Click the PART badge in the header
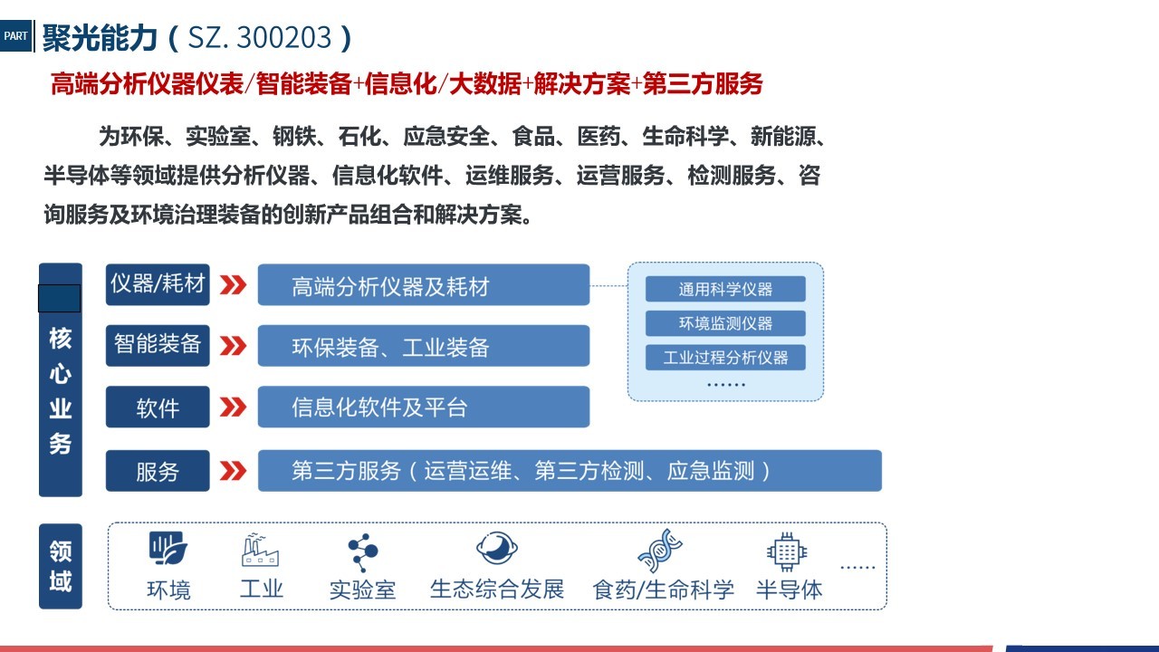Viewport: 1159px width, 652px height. coord(16,35)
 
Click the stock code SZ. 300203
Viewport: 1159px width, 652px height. coord(259,37)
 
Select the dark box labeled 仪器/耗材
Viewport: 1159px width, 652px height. coord(158,284)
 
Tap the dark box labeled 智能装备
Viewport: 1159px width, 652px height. coord(158,345)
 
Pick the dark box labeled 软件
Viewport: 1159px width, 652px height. coord(158,407)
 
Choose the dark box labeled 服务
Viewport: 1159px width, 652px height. coord(158,471)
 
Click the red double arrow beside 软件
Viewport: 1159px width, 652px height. coord(233,407)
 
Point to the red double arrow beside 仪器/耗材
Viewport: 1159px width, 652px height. coord(233,284)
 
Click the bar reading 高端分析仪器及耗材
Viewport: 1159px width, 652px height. coord(424,284)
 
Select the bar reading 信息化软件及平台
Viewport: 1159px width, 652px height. coord(424,407)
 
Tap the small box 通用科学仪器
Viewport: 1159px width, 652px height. coord(725,289)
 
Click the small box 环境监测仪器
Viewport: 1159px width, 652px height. coord(725,323)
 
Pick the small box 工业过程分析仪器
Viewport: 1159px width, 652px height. coord(725,357)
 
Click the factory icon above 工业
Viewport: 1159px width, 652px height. coord(260,550)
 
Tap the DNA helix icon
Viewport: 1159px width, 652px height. coord(660,551)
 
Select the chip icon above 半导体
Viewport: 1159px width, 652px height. coord(787,551)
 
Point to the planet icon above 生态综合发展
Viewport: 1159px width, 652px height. coord(497,548)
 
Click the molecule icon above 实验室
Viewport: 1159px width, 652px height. coord(363,552)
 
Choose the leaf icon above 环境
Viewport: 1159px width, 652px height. coord(168,548)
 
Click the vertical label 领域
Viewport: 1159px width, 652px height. coord(61,566)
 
